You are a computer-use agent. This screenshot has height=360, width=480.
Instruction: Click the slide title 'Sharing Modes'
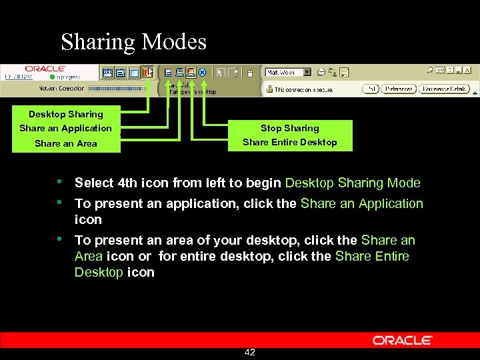click(x=133, y=42)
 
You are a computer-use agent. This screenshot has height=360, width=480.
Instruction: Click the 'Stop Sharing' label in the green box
click(x=289, y=128)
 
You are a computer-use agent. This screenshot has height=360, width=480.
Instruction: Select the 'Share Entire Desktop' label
click(x=289, y=142)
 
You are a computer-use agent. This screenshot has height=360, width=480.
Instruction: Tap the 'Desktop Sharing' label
click(x=65, y=114)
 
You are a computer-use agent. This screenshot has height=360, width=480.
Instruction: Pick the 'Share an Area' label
click(x=65, y=143)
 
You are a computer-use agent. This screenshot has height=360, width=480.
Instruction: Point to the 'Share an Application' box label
click(x=65, y=128)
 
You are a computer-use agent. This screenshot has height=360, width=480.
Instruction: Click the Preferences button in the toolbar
click(x=399, y=89)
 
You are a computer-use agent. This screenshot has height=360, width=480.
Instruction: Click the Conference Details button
click(x=445, y=89)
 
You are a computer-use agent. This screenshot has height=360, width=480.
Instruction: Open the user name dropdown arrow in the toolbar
click(x=307, y=72)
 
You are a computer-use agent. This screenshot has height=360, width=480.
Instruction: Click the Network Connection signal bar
click(x=117, y=88)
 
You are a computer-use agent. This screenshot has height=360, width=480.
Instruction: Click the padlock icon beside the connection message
click(x=269, y=89)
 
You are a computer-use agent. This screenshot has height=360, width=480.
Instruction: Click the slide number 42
click(x=250, y=352)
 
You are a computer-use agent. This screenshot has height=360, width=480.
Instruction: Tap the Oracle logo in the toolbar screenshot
click(x=45, y=69)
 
